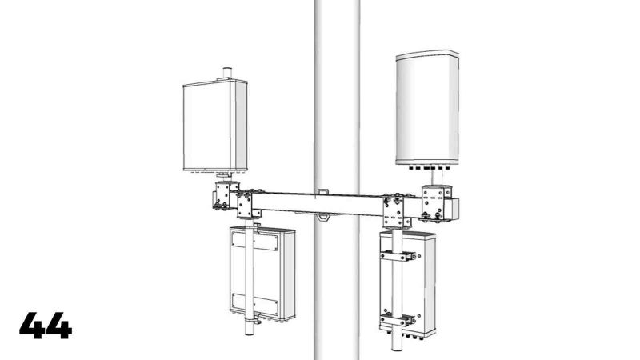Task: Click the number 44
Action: tap(46, 326)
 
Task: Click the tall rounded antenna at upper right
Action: tap(427, 107)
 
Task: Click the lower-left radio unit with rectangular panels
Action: tap(262, 273)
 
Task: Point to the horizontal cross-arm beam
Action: tap(320, 203)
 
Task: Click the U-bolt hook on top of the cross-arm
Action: tap(322, 192)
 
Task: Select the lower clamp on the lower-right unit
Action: tap(398, 319)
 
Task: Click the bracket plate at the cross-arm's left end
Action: tap(247, 204)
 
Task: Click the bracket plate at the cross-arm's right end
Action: tap(395, 210)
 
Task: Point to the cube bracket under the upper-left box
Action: tap(225, 195)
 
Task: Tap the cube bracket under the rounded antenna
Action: tap(437, 202)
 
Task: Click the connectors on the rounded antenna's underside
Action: tap(427, 169)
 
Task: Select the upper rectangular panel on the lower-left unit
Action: tap(254, 241)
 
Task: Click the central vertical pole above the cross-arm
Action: tap(335, 88)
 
